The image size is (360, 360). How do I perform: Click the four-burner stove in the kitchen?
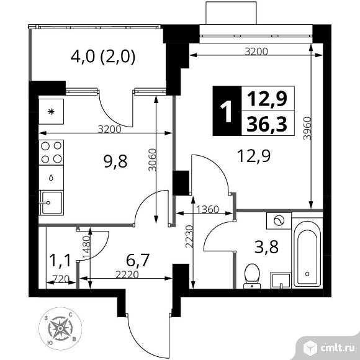point(51,152)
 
